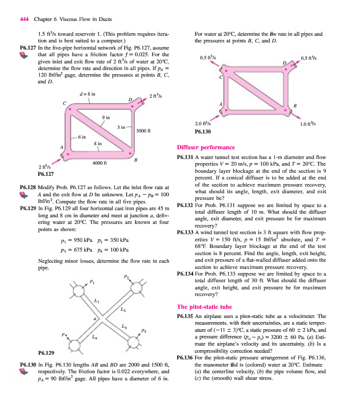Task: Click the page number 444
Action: (23, 19)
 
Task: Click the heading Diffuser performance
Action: (206, 147)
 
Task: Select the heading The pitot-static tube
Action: (203, 307)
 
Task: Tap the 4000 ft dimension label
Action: (99, 163)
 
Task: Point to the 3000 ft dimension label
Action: (144, 130)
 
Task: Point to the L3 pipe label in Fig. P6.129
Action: (125, 326)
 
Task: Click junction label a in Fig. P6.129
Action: (94, 319)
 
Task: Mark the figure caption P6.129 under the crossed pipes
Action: (47, 353)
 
